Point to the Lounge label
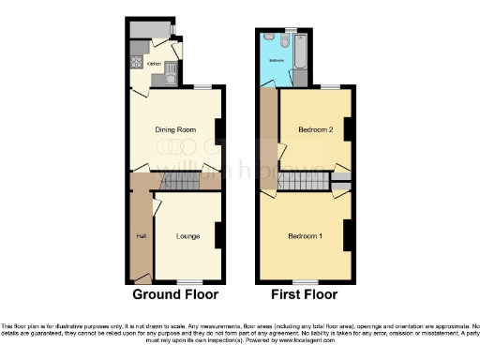pos(188,235)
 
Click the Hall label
pos(142,235)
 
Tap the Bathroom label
pos(277,61)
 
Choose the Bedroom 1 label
pos(306,234)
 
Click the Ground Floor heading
pos(175,293)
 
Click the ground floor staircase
pos(178,182)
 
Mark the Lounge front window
pos(190,281)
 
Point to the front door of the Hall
pos(142,278)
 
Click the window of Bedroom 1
pos(305,281)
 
